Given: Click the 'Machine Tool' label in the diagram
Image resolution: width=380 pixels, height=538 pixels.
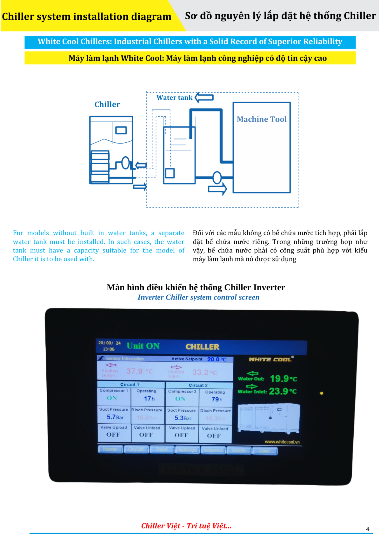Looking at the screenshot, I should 262,119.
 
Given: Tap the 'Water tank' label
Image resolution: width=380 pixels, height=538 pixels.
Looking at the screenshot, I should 174,98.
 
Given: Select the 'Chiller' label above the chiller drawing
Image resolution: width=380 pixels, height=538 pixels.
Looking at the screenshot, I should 107,105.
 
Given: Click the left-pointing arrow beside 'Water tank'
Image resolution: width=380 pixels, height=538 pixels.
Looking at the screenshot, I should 204,97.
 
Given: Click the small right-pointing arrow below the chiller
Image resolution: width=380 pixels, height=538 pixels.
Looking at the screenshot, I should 140,186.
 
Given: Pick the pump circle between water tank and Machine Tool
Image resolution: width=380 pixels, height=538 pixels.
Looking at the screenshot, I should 217,177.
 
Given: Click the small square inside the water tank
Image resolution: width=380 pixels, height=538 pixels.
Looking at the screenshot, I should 170,173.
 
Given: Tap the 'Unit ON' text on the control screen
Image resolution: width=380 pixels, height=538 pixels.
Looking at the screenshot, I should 143,346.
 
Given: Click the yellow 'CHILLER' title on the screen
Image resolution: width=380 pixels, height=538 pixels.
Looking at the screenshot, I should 202,347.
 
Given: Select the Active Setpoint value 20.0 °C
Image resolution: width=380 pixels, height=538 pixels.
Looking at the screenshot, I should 217,359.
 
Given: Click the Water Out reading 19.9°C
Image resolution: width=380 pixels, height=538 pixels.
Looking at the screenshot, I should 283,379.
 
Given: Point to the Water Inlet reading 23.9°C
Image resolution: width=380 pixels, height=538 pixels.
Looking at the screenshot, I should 283,391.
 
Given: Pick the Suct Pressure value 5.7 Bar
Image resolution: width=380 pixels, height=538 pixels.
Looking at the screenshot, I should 115,417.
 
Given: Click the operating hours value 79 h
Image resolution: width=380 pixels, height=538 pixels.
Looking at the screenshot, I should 217,399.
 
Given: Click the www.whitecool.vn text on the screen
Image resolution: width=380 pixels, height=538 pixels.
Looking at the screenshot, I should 282,442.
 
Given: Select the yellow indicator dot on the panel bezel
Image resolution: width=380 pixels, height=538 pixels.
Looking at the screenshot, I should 321,393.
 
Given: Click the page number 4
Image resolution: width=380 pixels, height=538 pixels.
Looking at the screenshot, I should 368,529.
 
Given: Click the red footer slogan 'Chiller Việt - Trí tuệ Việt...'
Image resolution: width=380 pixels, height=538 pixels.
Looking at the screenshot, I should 186,526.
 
